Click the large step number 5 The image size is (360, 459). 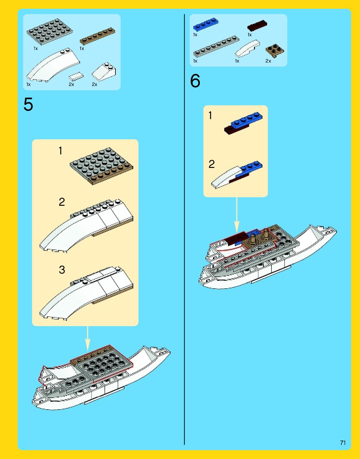pos(28,104)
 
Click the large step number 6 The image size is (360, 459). pos(195,81)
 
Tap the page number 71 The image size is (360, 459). pos(343,442)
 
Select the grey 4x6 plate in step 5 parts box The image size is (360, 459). pos(50,31)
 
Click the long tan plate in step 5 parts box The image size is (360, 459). pos(97,36)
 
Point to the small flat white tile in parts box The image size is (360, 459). pos(76,76)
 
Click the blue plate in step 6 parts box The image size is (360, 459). pos(206,24)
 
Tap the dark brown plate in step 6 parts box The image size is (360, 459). pos(257,26)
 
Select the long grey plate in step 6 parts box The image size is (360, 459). pos(216,46)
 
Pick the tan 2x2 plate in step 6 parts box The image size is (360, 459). pos(275,51)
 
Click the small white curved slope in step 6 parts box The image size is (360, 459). pos(247,49)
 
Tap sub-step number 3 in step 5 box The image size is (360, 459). pos(62,270)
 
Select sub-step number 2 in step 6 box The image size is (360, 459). pos(212,164)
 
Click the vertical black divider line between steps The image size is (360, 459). pos(185,250)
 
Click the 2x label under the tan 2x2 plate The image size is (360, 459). pos(268,61)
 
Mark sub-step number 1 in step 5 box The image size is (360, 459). pos(60,151)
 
